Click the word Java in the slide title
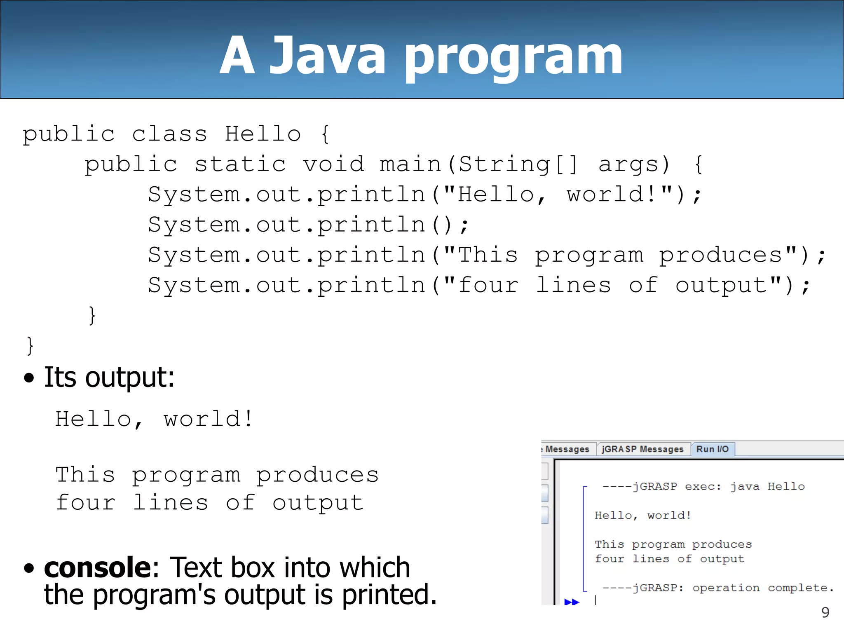point(328,56)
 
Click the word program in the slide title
point(513,58)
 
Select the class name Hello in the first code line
point(263,134)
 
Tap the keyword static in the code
point(240,164)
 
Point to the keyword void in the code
point(334,164)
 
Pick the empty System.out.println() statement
point(308,225)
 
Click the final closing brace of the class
point(30,345)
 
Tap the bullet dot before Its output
point(29,377)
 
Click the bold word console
point(98,567)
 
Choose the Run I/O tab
point(712,449)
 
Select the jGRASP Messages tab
point(642,449)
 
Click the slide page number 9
point(825,612)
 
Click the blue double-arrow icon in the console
point(572,602)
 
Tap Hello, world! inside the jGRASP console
point(642,516)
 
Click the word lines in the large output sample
point(170,503)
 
